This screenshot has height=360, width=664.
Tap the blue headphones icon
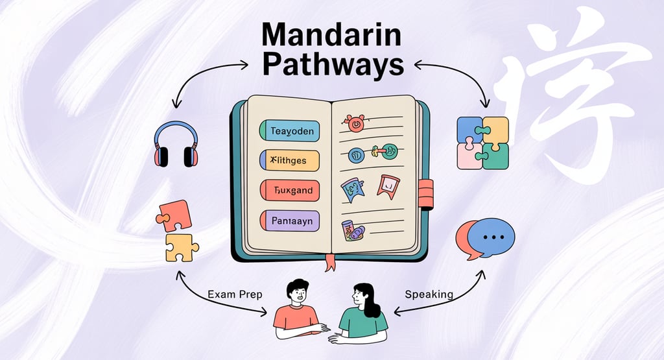point(175,143)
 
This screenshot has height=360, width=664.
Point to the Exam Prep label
point(235,294)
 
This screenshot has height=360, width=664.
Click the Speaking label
point(429,294)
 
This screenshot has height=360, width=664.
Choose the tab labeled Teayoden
point(289,131)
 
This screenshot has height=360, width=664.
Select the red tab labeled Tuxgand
point(289,190)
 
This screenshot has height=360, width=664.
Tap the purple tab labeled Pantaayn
point(289,221)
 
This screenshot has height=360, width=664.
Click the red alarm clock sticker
point(355,123)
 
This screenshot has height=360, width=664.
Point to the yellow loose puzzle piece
point(182,246)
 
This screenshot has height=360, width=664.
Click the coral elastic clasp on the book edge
point(425,193)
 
